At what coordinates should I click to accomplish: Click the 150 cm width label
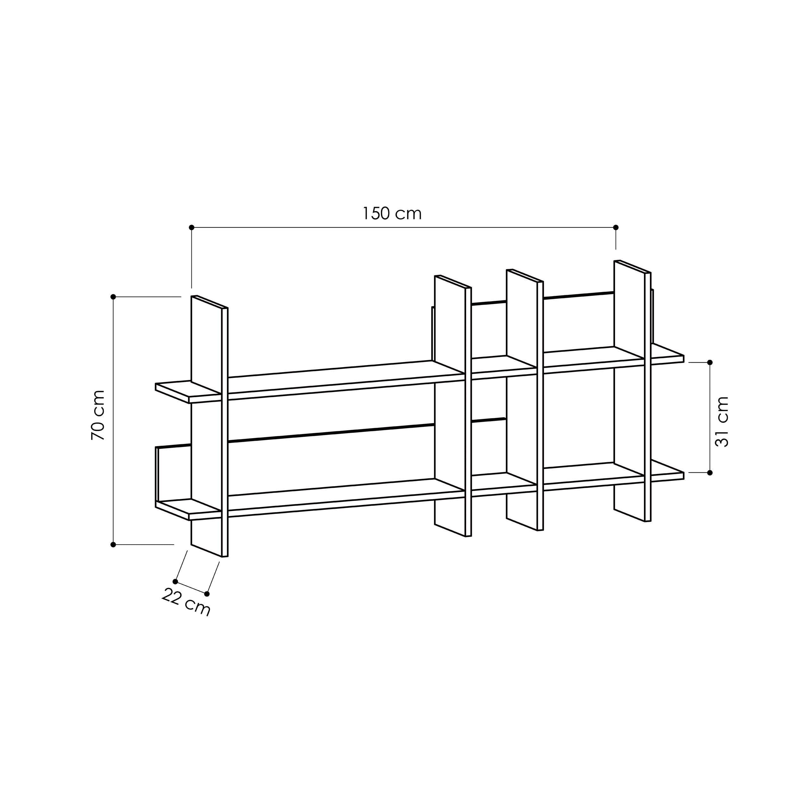coord(392,214)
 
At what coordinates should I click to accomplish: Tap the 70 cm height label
coord(98,415)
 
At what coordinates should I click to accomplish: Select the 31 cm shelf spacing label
coord(722,421)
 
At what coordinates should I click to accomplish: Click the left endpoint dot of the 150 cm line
coord(191,227)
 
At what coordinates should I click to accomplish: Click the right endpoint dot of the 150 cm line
coord(616,227)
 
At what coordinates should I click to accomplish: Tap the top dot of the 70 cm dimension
coord(113,297)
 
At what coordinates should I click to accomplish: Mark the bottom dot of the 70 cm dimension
coord(113,545)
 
